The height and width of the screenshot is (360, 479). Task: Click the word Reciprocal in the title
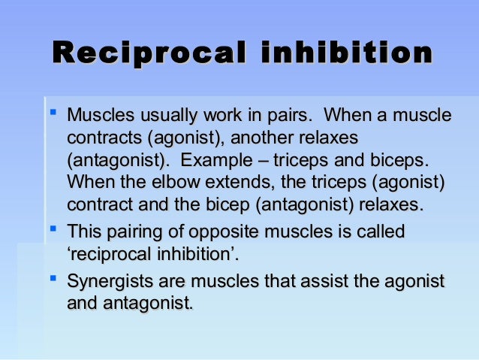click(147, 54)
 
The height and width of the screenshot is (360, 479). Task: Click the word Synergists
click(109, 283)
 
